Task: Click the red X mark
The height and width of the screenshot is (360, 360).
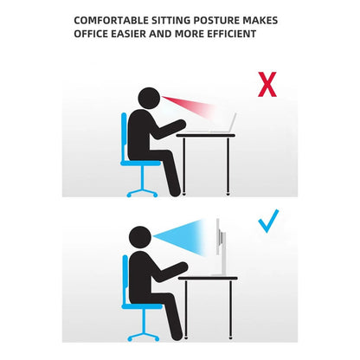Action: (267, 84)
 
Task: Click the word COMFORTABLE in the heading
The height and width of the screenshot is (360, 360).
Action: (112, 21)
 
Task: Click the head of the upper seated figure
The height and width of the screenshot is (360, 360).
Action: (149, 97)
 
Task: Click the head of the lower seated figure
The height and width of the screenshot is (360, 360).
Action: (140, 237)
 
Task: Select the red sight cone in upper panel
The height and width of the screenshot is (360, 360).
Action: (190, 106)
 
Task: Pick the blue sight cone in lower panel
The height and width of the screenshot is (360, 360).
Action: (182, 237)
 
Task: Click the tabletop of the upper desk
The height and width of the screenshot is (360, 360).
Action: (206, 135)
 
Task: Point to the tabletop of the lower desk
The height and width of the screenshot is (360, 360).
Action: (208, 278)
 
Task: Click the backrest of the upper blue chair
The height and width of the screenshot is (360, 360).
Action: (124, 136)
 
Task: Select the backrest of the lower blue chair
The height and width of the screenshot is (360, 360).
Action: (125, 280)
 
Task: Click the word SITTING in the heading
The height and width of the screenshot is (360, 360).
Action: (171, 21)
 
